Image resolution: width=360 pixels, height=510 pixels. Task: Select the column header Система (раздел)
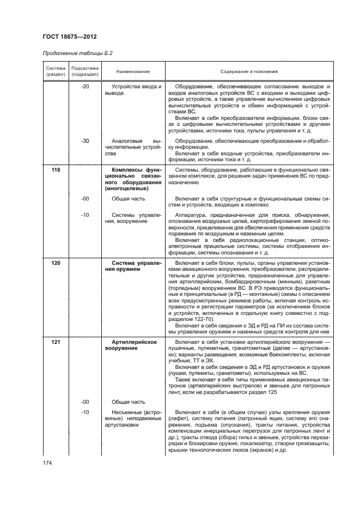coord(55,71)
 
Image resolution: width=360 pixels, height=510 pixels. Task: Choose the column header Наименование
coord(130,71)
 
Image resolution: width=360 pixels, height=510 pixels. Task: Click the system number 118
coord(56,171)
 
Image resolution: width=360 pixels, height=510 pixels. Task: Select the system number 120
coord(56,263)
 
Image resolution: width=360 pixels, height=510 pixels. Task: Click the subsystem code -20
coord(84,87)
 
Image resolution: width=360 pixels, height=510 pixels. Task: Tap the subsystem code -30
coord(84,141)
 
